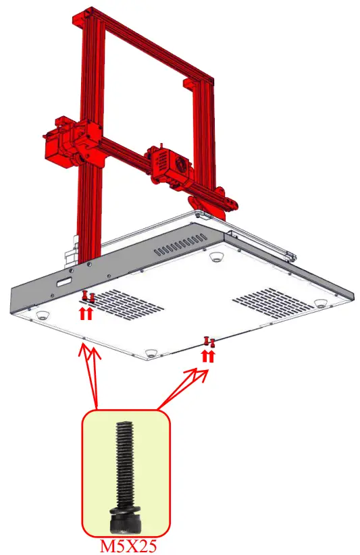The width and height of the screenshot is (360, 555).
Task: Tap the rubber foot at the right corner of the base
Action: click(324, 302)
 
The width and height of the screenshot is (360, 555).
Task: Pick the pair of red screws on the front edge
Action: click(208, 342)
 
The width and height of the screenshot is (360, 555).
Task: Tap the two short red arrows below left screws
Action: click(87, 312)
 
